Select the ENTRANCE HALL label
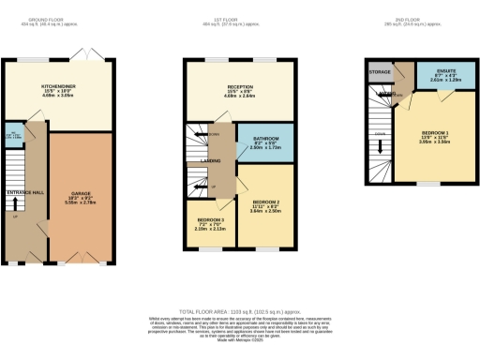tap(23, 192)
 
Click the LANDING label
tap(210, 160)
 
